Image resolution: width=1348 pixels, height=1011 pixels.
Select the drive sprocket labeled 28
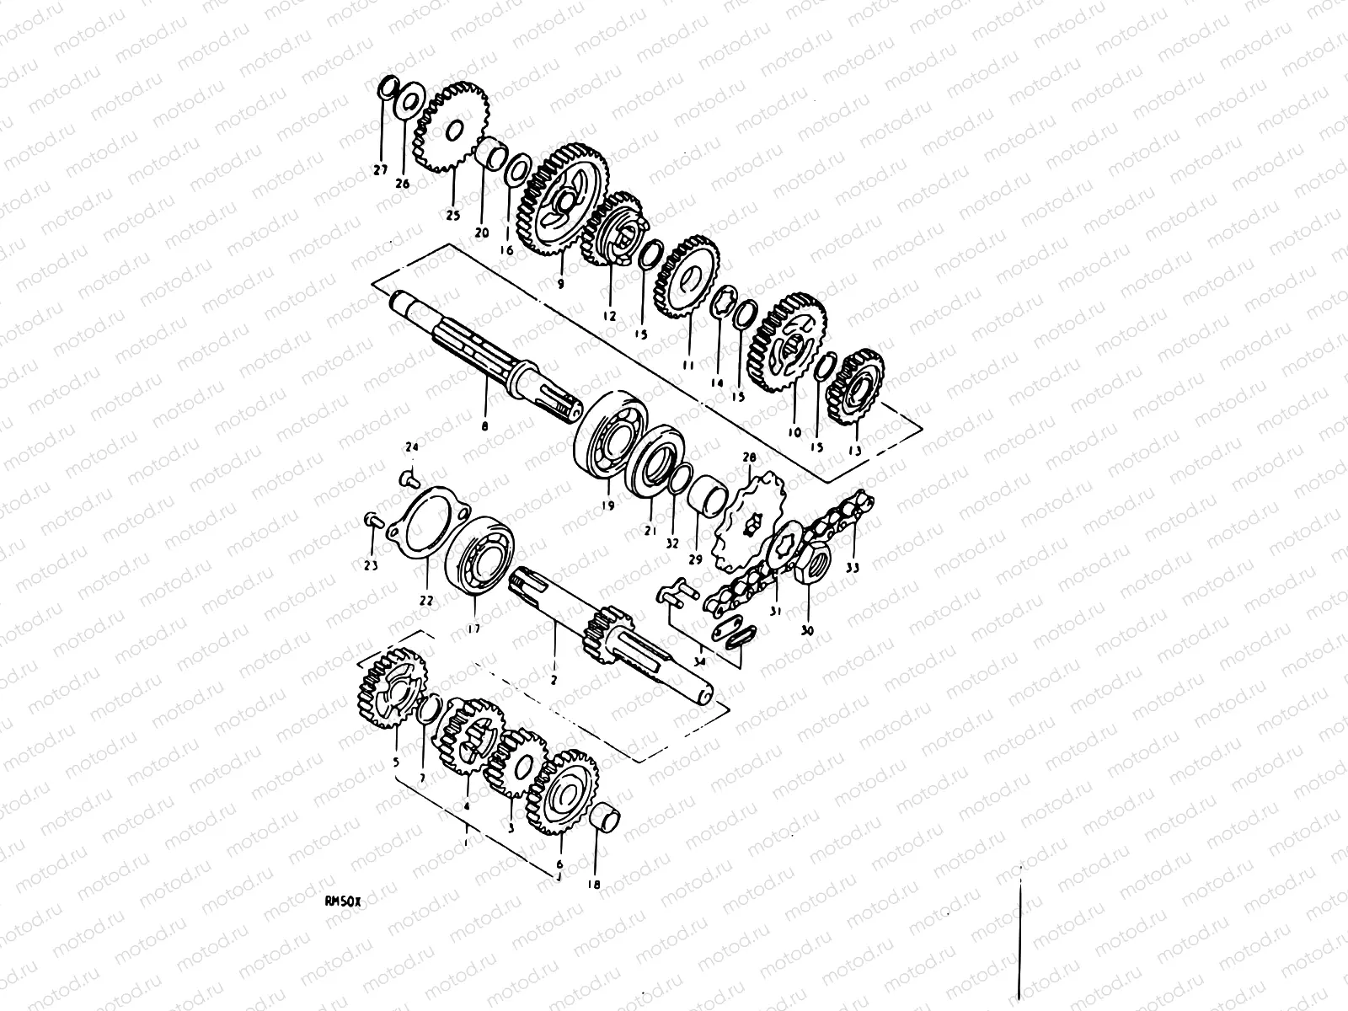748,520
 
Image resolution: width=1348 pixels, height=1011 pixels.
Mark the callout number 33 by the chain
853,568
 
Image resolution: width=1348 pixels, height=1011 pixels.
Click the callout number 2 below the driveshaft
554,677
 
